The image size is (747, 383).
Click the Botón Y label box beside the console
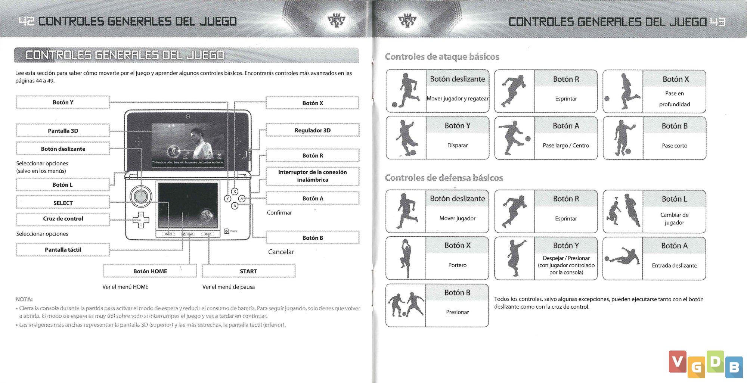[x=63, y=102]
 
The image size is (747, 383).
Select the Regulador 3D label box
[x=312, y=130]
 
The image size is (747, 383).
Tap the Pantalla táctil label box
[x=63, y=250]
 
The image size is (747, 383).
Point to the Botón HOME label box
[x=150, y=271]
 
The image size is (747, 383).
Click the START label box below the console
[x=248, y=271]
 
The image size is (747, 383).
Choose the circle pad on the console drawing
[x=141, y=196]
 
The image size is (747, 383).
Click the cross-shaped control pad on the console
[x=141, y=220]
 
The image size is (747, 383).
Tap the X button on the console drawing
[x=235, y=191]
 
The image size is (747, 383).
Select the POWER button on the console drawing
[x=226, y=231]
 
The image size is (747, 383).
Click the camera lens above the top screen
[x=188, y=116]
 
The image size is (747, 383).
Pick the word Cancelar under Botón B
[x=281, y=252]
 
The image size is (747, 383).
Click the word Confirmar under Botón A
[x=279, y=212]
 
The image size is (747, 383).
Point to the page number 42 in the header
[x=26, y=21]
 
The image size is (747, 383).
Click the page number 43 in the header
[x=717, y=22]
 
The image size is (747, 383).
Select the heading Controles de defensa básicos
[x=444, y=178]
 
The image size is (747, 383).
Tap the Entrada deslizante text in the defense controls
[x=674, y=265]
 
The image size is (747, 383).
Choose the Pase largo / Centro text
[x=566, y=146]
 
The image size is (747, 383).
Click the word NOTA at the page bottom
[x=24, y=299]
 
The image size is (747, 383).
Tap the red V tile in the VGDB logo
[x=678, y=361]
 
